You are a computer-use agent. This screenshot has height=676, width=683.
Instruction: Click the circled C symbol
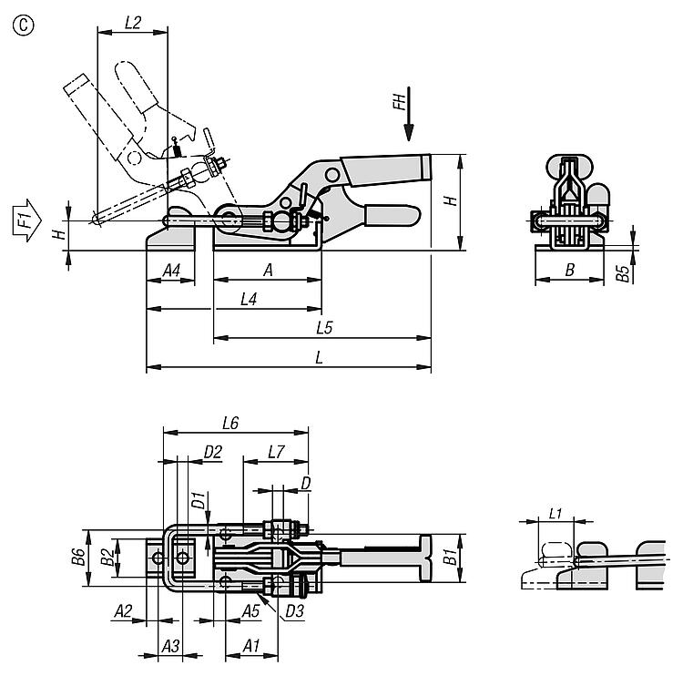[22, 25]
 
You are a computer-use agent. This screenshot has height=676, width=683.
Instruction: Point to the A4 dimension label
[170, 270]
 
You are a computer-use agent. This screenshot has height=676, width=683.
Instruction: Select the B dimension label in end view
[569, 270]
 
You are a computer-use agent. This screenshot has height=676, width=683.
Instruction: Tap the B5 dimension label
[622, 274]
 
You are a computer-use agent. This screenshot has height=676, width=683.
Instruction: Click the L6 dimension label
[230, 423]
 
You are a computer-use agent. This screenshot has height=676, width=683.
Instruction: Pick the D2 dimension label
[213, 451]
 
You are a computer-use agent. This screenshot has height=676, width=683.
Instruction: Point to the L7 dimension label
[277, 451]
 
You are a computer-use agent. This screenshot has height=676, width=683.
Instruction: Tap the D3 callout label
[293, 611]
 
